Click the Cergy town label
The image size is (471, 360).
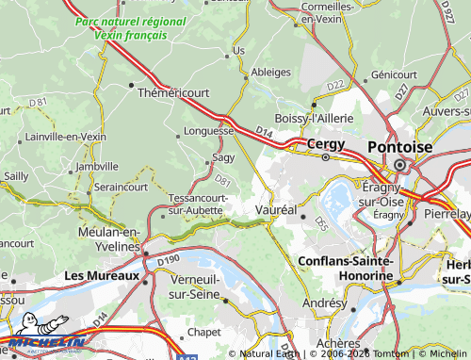[x=325, y=144]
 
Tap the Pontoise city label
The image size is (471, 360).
[x=399, y=147]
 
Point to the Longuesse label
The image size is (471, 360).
[x=208, y=131]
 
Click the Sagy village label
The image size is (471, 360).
[x=222, y=157]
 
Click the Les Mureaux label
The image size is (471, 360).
[x=101, y=276]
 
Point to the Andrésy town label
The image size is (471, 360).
[x=323, y=304]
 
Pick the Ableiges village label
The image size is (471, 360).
[x=270, y=73]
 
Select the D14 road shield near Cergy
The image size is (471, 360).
[x=263, y=138]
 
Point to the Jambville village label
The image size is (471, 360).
[x=98, y=166]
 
